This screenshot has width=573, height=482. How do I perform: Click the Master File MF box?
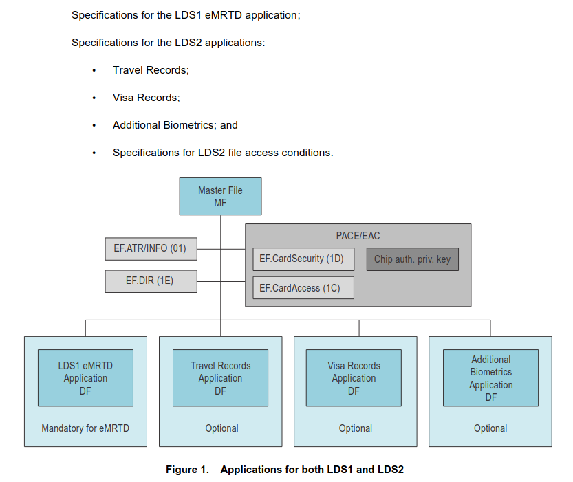click(x=220, y=197)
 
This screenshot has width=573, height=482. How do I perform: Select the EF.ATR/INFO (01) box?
click(x=151, y=249)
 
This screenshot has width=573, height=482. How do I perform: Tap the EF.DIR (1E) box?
click(x=151, y=281)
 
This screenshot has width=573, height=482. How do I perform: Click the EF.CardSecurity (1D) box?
click(x=303, y=259)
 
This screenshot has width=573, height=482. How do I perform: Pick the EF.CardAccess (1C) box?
click(x=303, y=287)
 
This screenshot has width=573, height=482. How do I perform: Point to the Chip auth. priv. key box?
click(x=413, y=259)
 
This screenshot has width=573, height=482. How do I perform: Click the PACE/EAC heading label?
click(x=358, y=236)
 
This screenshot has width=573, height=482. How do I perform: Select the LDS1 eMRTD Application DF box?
click(x=85, y=378)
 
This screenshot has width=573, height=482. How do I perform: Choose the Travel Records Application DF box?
click(x=220, y=378)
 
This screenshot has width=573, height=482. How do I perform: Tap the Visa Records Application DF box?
click(x=354, y=378)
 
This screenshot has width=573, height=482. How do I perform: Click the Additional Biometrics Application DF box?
click(x=490, y=378)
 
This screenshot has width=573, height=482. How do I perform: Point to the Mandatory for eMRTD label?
click(x=85, y=428)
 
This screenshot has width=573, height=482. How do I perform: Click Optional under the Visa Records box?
click(x=355, y=428)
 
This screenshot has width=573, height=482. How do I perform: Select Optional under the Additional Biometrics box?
click(x=490, y=428)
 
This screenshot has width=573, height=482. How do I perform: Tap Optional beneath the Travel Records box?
click(x=221, y=428)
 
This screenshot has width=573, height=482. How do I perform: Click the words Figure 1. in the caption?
click(x=187, y=469)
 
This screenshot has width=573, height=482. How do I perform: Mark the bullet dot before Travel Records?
click(x=94, y=70)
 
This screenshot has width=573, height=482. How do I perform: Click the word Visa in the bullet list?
click(x=123, y=98)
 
